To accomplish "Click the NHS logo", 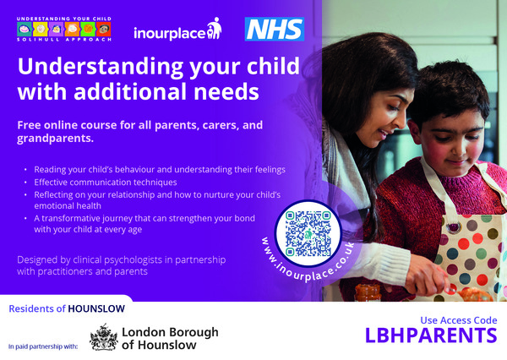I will point(274,29).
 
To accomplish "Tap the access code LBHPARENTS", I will point(431,335).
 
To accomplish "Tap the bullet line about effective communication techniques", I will point(106,182).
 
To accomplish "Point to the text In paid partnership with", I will point(41,346).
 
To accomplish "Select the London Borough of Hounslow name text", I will point(170,338).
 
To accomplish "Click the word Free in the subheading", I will point(31,124).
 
